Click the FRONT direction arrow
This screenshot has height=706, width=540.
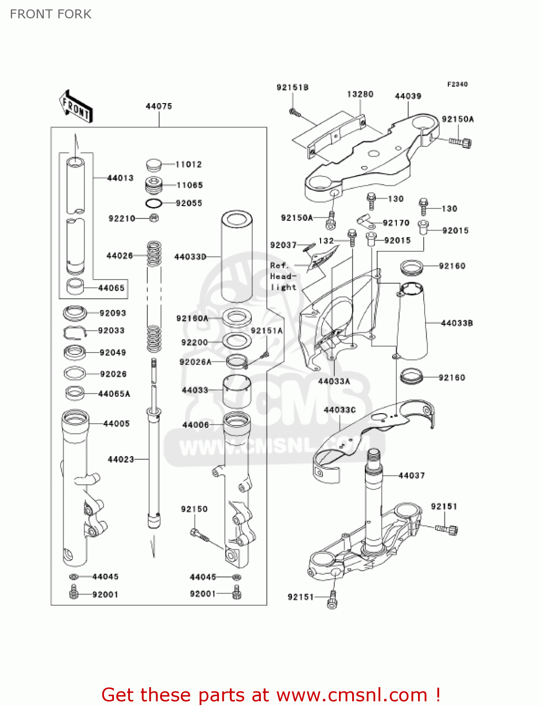[76, 107]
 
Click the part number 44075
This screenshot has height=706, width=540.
[159, 106]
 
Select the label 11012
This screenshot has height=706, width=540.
[189, 164]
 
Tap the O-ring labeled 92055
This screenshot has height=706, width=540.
[153, 204]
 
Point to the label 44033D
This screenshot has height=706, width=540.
[190, 257]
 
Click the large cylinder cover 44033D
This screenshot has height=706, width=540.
[236, 257]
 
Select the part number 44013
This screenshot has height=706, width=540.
[120, 178]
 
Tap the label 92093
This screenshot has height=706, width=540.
[113, 313]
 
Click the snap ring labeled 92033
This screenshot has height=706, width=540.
[75, 332]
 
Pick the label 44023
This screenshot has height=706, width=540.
[121, 459]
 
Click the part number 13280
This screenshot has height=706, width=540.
[360, 94]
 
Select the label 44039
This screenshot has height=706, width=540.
[408, 96]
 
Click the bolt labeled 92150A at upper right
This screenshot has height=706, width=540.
[460, 142]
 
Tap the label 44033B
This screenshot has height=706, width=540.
[457, 323]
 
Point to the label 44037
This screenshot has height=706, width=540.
[411, 475]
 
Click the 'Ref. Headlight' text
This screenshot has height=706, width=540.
[283, 276]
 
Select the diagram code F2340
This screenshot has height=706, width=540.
[457, 84]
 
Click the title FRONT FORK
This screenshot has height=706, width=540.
[51, 14]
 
